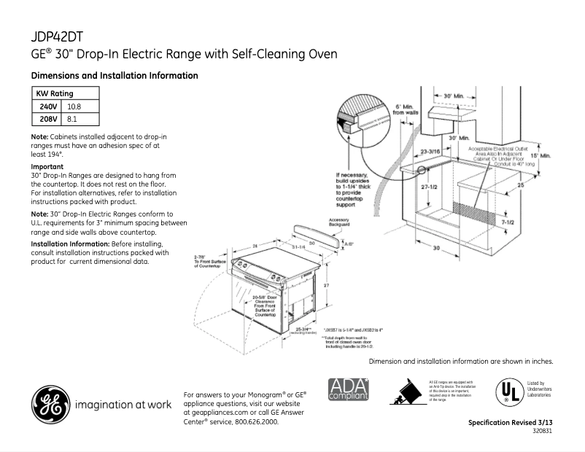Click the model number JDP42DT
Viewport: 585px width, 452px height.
(61, 36)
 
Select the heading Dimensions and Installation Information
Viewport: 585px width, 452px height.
(114, 76)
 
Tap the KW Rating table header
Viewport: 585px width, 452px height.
(55, 94)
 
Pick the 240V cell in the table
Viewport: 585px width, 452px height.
(48, 106)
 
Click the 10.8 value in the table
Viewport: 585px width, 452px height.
(74, 106)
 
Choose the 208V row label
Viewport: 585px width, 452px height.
(48, 119)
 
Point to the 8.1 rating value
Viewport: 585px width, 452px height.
(72, 119)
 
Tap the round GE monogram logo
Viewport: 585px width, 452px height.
(50, 403)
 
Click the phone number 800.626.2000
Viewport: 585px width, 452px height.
(255, 421)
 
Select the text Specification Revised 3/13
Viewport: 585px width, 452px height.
(510, 423)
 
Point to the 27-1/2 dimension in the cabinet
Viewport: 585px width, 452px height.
(414, 187)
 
